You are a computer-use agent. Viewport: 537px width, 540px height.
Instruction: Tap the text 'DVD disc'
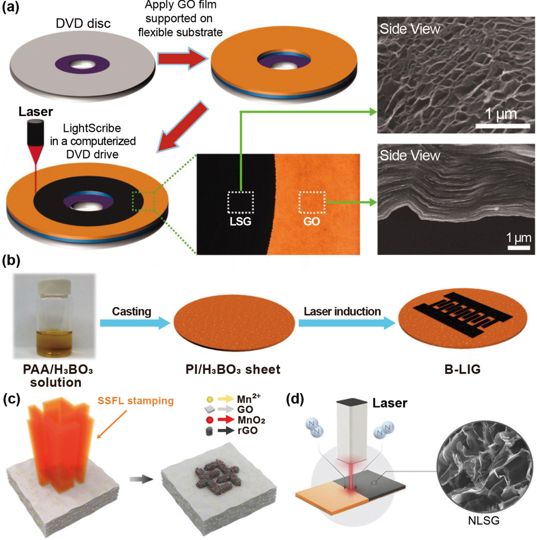click(x=83, y=23)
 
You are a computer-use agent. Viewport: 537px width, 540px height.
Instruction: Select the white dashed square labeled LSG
click(x=241, y=202)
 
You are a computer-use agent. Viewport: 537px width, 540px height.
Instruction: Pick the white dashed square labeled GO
click(x=312, y=202)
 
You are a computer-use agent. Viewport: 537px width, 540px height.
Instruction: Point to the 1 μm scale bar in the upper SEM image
click(x=503, y=126)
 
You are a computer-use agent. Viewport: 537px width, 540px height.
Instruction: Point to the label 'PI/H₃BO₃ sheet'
click(x=233, y=369)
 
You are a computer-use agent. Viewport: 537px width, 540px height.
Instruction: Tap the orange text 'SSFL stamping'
click(x=136, y=401)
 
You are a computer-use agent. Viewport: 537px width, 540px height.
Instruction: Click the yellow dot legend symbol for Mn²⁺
click(x=209, y=399)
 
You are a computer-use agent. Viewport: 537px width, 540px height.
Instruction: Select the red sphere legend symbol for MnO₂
click(x=209, y=420)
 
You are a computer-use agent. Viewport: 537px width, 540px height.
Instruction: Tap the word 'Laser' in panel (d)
click(x=390, y=403)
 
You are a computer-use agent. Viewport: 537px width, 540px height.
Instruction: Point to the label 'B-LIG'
click(x=462, y=369)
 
